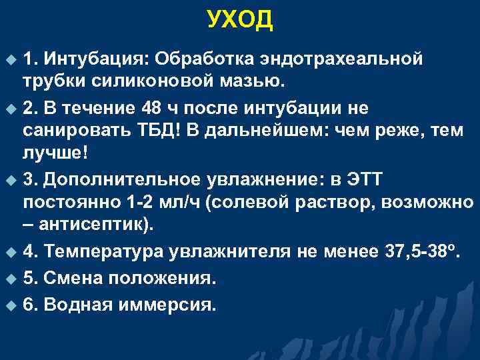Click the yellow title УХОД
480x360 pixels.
tap(240, 20)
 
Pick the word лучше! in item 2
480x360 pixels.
tap(53, 152)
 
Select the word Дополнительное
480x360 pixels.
tap(119, 178)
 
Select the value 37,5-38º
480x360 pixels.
tap(422, 251)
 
